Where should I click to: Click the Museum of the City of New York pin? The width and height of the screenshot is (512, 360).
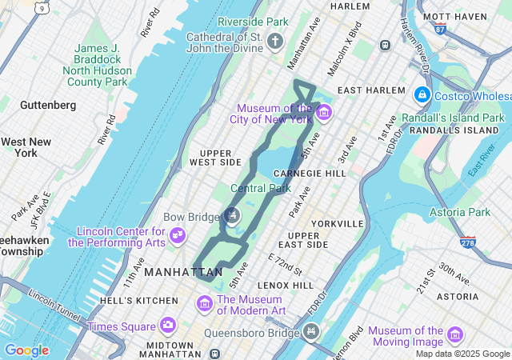coord(323,112)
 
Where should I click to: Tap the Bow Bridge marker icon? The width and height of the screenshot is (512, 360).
coord(232,214)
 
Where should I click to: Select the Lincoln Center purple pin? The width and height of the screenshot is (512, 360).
coord(178,236)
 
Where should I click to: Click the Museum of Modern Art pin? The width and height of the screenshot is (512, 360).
coord(205,304)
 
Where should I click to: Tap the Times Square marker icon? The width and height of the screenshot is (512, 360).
coord(167,326)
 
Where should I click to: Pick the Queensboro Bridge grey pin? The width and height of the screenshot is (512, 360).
coord(311,331)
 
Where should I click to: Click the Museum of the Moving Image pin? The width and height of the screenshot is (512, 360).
coord(455,334)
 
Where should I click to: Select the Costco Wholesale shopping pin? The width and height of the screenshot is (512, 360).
coord(422,95)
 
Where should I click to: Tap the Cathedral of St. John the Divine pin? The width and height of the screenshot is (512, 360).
coord(275,41)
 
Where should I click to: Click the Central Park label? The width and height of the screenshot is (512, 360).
coord(260,189)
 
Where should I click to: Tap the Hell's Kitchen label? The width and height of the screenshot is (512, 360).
coord(140,300)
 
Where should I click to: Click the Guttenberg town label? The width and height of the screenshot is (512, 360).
coord(48,105)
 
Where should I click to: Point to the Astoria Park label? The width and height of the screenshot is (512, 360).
coord(460,212)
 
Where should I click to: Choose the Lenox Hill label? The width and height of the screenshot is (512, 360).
coord(286,285)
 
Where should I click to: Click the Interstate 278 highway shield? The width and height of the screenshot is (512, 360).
coord(468,241)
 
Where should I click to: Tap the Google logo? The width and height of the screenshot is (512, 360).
coord(26,350)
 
